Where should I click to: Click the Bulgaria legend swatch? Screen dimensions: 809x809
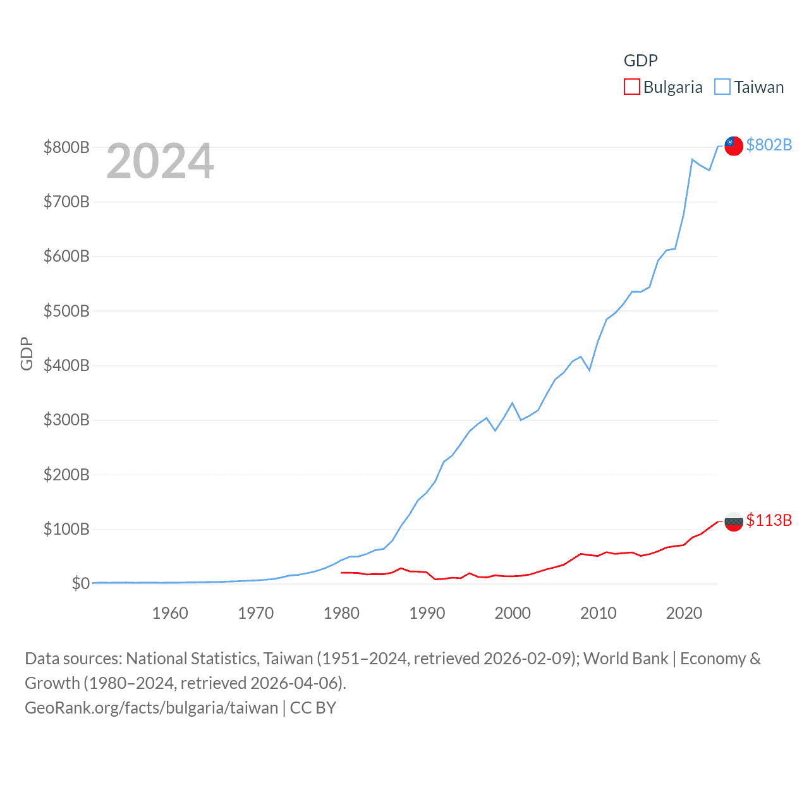coord(632,87)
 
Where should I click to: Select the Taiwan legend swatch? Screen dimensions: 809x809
coord(722,87)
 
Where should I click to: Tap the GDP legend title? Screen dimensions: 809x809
coord(640,61)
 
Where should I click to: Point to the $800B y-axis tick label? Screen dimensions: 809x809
coord(66,147)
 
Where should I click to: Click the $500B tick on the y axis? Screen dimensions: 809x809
coord(66,311)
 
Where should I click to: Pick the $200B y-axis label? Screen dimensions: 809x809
coord(66,475)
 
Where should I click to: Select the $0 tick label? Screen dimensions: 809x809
coord(80,583)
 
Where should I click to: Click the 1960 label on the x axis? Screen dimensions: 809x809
coord(170,613)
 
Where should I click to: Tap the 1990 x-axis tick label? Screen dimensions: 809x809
coord(427,613)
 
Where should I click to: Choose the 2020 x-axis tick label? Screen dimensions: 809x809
coord(684,613)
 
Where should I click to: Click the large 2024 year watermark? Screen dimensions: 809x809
coord(160,161)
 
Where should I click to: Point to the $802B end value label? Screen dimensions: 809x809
coord(769,145)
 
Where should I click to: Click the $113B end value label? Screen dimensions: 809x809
coord(769,520)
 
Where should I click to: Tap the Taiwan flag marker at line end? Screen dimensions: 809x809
coord(733,146)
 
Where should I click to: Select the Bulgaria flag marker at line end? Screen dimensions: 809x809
coord(733,521)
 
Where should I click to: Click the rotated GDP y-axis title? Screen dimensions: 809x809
coord(27,353)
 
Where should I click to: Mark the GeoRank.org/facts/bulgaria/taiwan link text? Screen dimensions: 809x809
coord(151,707)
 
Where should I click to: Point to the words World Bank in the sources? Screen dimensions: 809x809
coord(625,659)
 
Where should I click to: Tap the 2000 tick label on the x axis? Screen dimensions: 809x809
coord(513,613)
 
